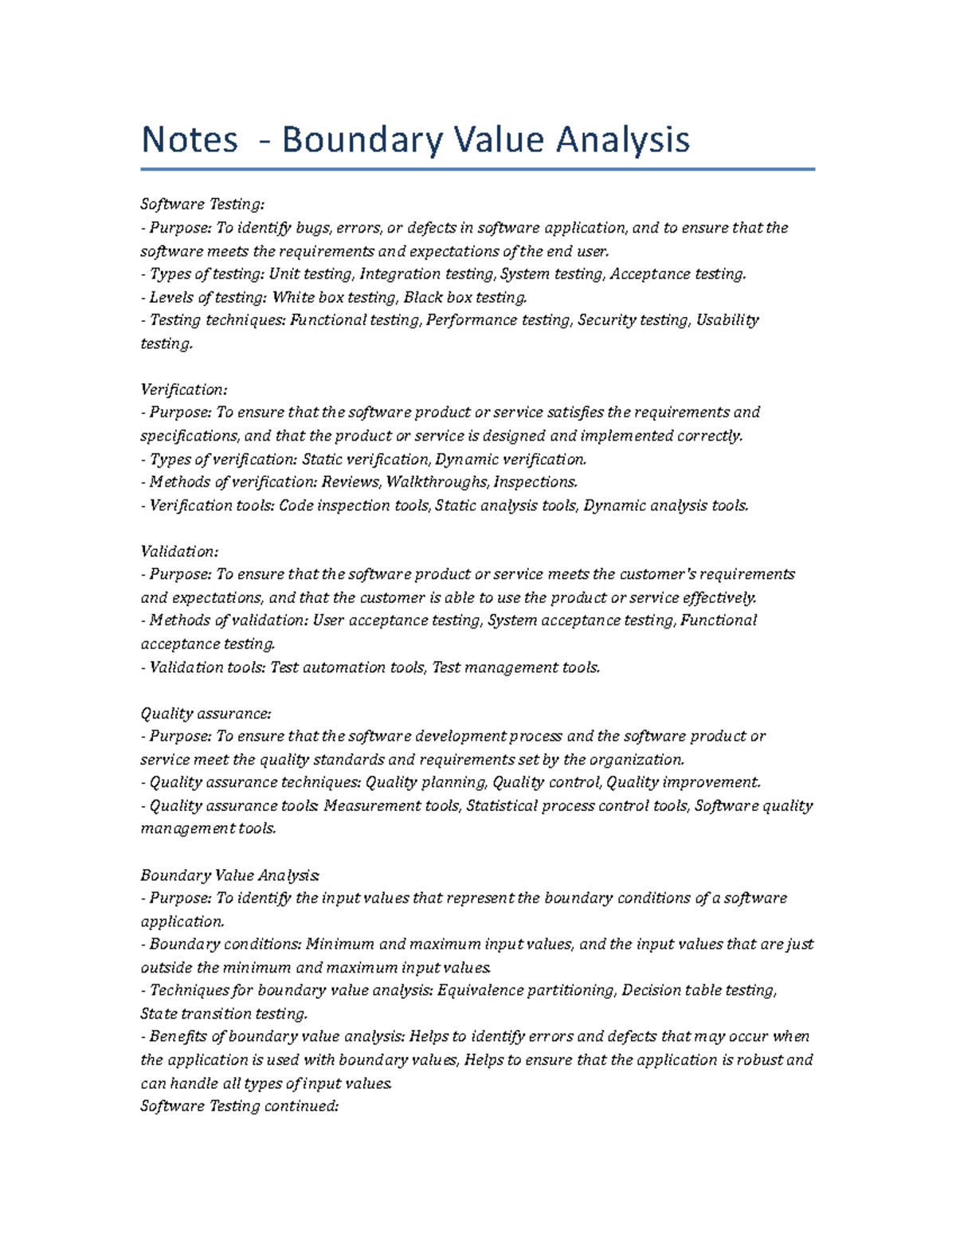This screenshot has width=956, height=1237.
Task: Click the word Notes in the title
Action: pyautogui.click(x=190, y=140)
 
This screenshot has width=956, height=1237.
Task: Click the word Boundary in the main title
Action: pyautogui.click(x=362, y=140)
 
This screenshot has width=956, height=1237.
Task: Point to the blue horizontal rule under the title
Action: pyautogui.click(x=478, y=169)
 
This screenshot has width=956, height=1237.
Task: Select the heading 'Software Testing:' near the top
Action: pyautogui.click(x=202, y=205)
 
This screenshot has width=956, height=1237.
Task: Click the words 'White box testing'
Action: pyautogui.click(x=334, y=297)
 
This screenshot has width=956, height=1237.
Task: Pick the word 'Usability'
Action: pyautogui.click(x=727, y=320)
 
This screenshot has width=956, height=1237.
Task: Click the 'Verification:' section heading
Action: pyautogui.click(x=184, y=389)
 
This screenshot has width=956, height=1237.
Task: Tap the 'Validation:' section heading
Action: pyautogui.click(x=179, y=551)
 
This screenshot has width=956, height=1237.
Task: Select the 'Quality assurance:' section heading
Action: pyautogui.click(x=206, y=714)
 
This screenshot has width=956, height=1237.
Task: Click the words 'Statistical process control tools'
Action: pyautogui.click(x=578, y=806)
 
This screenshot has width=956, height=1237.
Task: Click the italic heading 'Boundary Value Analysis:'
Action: pyautogui.click(x=229, y=875)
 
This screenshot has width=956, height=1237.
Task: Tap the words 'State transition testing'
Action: pyautogui.click(x=223, y=1014)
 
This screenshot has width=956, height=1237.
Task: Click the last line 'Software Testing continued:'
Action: pyautogui.click(x=240, y=1106)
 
